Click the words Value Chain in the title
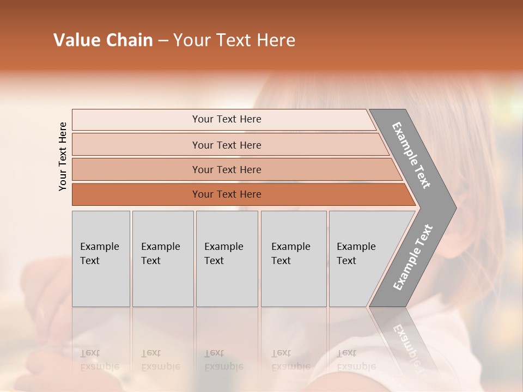(x=103, y=40)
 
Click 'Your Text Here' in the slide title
(x=234, y=40)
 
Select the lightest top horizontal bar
(x=226, y=119)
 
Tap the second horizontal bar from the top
(x=226, y=145)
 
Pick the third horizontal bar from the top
(x=226, y=169)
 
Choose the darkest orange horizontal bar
(x=226, y=194)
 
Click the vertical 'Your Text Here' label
(x=63, y=156)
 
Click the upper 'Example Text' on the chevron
(x=411, y=155)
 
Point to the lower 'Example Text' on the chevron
(x=412, y=258)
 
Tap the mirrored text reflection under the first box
(x=99, y=360)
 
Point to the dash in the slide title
(x=163, y=41)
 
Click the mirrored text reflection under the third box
(x=223, y=360)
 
